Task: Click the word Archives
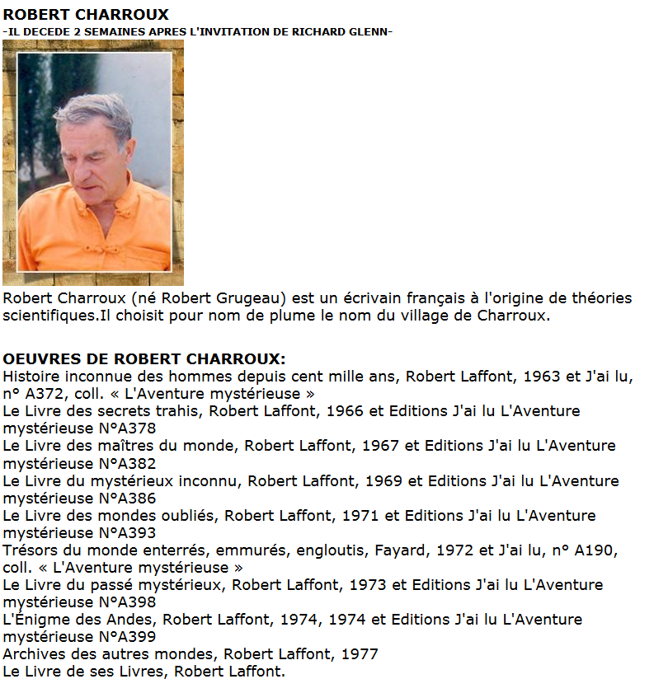tap(34, 654)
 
